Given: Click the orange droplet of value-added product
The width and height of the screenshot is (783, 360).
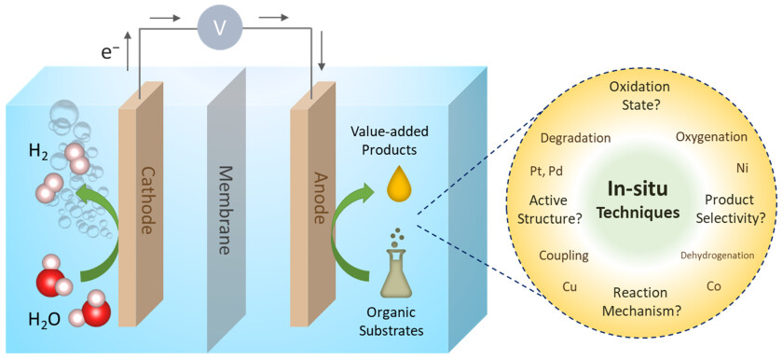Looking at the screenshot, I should coord(398,184).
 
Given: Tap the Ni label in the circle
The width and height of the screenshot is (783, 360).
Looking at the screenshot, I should coord(742,169).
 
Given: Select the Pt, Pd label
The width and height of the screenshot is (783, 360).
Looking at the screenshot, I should coord(546,171).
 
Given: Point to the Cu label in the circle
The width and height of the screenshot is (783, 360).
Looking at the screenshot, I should coord(570,286).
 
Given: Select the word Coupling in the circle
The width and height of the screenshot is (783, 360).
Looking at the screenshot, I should coord(564,255).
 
